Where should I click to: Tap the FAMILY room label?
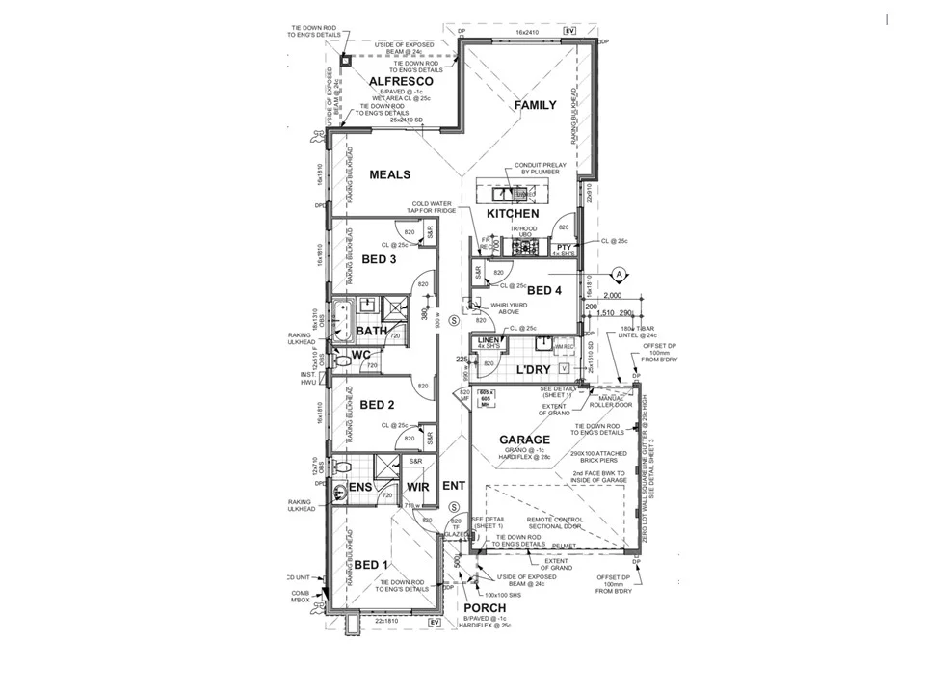[535, 104]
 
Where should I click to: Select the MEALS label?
[390, 174]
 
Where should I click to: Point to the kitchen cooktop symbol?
[525, 248]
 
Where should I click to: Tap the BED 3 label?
[379, 259]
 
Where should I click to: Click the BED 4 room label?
[543, 290]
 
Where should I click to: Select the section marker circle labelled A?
[621, 274]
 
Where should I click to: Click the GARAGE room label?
[524, 440]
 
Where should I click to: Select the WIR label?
[417, 488]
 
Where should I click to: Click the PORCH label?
[485, 608]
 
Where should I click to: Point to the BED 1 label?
[371, 564]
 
